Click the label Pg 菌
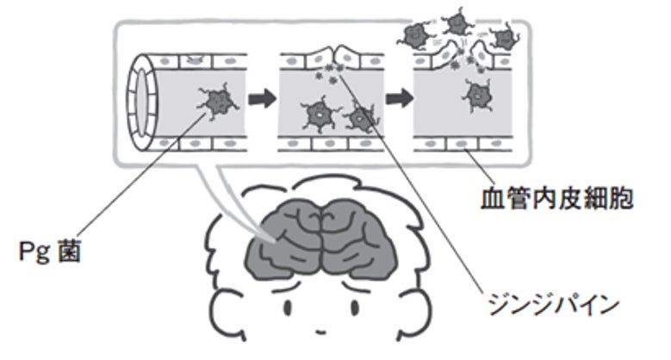coord(50,253)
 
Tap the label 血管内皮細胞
coord(556,202)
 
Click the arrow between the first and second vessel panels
coord(263,97)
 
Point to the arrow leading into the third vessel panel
coord(397,97)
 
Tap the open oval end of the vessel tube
coord(142,100)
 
